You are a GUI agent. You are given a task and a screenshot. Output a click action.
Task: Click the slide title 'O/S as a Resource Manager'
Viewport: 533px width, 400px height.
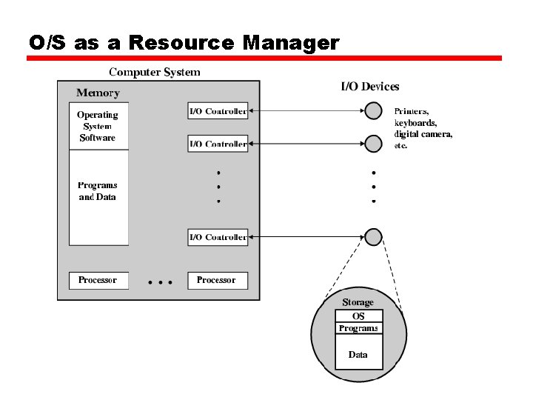(184, 43)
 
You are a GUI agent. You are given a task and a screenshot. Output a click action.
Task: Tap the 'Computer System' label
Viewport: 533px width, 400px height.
(155, 72)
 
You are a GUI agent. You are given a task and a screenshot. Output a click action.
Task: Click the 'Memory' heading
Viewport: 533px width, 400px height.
(98, 93)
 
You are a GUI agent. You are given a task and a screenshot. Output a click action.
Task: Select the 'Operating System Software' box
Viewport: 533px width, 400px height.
(98, 127)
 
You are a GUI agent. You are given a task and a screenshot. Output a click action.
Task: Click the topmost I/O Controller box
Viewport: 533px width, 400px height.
(218, 111)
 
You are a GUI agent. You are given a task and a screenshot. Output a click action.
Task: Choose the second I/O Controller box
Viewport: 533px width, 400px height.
(218, 143)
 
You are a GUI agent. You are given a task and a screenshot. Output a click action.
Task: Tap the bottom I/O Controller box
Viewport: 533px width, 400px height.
(218, 237)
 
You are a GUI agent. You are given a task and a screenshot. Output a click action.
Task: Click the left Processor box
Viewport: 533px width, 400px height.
(98, 280)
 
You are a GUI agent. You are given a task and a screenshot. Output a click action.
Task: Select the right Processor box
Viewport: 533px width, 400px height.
(216, 280)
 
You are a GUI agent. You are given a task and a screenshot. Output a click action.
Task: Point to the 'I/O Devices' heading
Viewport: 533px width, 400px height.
(369, 87)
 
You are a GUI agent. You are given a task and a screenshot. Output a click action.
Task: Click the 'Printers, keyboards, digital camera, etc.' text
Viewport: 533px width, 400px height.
(423, 128)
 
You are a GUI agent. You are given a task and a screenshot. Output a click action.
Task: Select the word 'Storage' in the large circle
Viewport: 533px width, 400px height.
(358, 302)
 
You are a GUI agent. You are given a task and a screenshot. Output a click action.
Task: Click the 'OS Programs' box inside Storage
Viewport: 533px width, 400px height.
(358, 322)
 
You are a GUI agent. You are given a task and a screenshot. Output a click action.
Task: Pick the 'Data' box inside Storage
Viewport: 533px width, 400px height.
(358, 356)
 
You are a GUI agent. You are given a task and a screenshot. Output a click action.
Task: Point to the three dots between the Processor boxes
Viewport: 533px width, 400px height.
(160, 282)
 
